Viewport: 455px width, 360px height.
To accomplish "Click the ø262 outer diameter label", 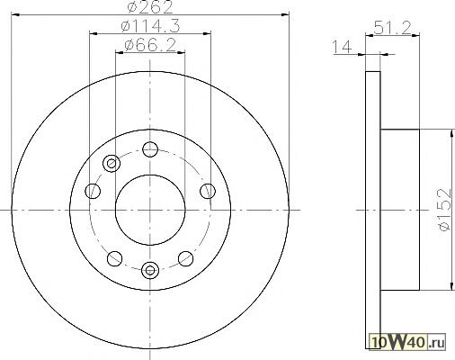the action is [x=150, y=6].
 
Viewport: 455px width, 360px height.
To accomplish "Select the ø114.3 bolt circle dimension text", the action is [x=150, y=26].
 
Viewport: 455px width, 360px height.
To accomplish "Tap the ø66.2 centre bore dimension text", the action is [x=150, y=46].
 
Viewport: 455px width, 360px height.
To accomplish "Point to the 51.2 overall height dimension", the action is [x=392, y=29].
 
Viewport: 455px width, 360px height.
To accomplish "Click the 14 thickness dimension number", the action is [x=342, y=47].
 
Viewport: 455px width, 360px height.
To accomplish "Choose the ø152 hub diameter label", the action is [x=444, y=210].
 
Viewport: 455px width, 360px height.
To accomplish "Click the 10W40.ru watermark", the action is [x=408, y=342].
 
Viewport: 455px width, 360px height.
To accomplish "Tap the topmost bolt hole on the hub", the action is [x=150, y=149].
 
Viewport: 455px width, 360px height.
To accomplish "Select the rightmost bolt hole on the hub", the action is [x=208, y=191].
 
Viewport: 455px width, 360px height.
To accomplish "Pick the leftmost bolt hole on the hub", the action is [x=93, y=191].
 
